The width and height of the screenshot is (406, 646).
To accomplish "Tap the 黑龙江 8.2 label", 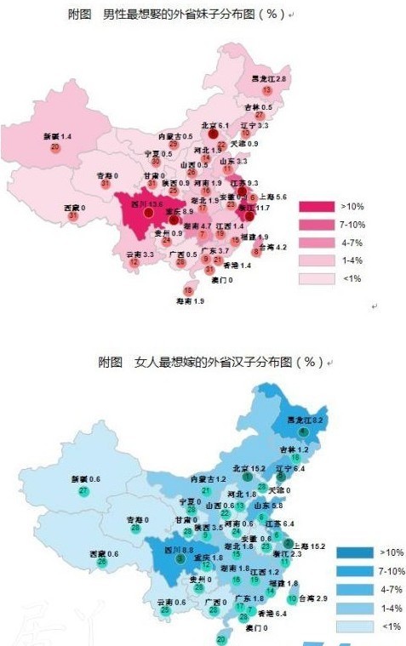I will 308,420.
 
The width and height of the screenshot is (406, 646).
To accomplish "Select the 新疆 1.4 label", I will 57,136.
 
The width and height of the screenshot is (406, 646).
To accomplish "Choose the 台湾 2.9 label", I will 314,599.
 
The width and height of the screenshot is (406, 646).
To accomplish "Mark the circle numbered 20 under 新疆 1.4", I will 55,147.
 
